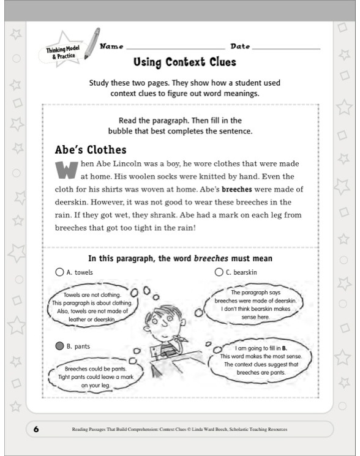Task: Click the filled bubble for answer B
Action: point(59,346)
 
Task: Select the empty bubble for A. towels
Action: point(59,272)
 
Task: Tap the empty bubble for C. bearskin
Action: point(219,272)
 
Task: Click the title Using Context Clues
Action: point(184,62)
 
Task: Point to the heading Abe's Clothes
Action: point(91,150)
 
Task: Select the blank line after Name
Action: point(174,48)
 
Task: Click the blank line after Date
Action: point(285,48)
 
